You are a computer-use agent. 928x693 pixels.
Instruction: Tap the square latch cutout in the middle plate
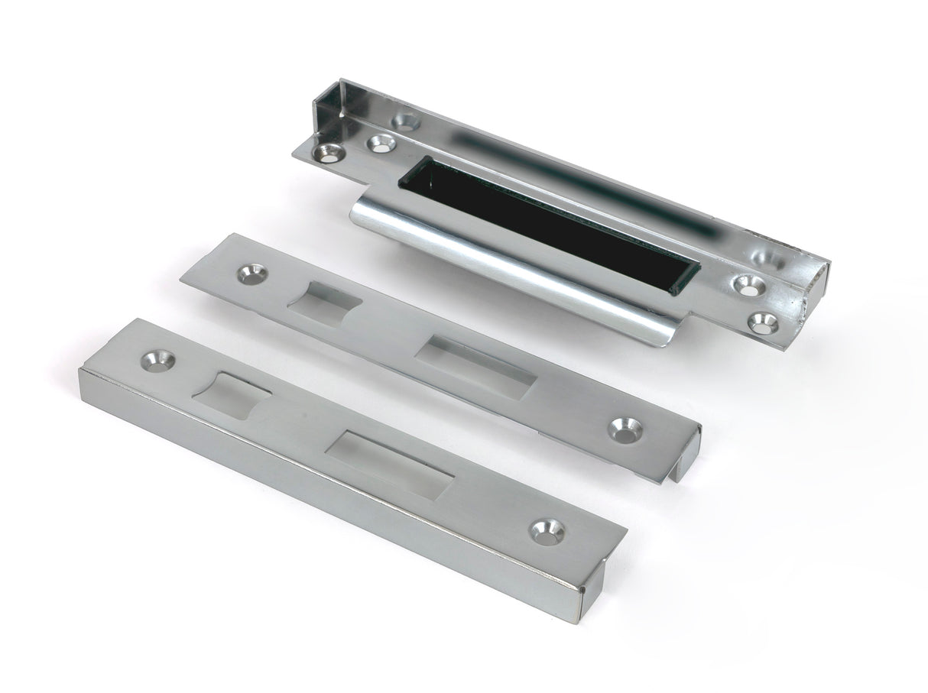coord(315,305)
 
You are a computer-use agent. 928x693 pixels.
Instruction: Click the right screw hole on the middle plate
coord(625,428)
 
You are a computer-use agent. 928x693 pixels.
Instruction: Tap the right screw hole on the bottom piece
coord(547,532)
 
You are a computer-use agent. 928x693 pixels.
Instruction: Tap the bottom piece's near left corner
coord(83,373)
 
